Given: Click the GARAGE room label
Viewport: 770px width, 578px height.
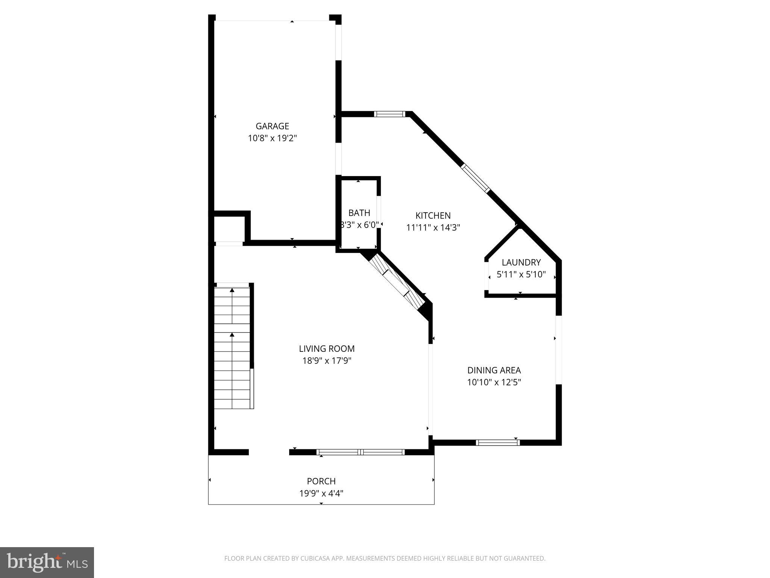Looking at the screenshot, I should click(x=272, y=126).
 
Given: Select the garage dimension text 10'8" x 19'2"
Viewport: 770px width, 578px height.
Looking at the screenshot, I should click(x=272, y=138).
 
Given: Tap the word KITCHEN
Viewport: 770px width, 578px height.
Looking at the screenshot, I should click(x=433, y=216).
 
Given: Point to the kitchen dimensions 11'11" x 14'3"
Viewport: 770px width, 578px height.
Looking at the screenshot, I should click(x=433, y=228).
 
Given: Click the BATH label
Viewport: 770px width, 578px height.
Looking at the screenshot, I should click(x=359, y=213).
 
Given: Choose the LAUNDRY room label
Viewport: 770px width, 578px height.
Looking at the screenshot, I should click(x=521, y=262).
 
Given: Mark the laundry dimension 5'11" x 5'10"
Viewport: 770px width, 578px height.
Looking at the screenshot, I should click(x=521, y=274).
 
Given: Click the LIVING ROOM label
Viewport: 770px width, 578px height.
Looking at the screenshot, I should click(x=327, y=349).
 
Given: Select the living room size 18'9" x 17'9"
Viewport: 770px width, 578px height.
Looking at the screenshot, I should click(x=327, y=361).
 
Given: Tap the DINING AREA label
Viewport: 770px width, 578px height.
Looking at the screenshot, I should click(x=494, y=370).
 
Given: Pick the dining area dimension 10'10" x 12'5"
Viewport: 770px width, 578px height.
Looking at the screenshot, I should click(x=494, y=382).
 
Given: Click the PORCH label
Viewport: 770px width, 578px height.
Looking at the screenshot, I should click(x=321, y=481).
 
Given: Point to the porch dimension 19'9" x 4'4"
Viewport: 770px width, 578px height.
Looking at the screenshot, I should click(x=321, y=493).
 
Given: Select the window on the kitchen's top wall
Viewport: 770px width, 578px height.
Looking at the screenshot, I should click(x=390, y=114).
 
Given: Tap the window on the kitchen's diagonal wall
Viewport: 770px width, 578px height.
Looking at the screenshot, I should click(x=476, y=178).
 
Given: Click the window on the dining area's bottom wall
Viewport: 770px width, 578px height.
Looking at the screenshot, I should click(x=497, y=443).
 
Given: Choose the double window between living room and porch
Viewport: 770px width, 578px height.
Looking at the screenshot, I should click(x=361, y=452).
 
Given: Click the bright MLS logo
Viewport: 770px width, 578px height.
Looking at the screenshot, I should click(x=47, y=562).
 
